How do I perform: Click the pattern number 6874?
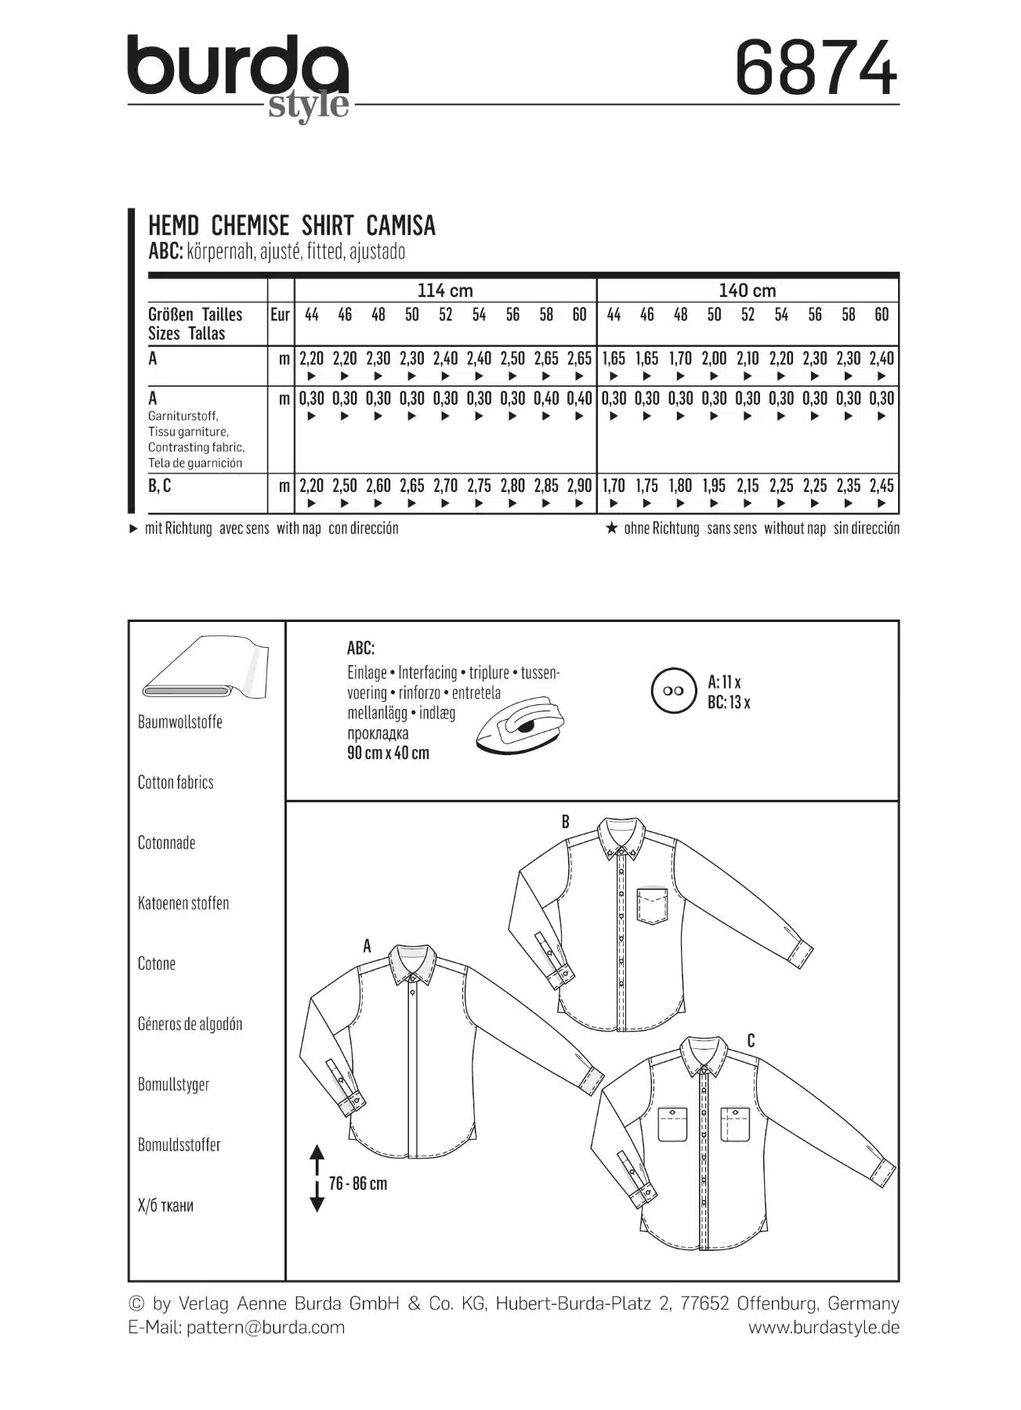pos(815,69)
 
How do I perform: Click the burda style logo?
pos(238,77)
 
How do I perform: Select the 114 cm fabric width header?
pos(444,291)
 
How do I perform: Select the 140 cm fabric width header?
pos(747,291)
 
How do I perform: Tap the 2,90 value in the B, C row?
pos(579,486)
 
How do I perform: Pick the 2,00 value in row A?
pos(714,359)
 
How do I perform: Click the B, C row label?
pos(159,486)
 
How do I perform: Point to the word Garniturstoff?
pos(183,416)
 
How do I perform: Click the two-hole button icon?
pos(673,691)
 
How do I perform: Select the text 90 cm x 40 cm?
pos(388,754)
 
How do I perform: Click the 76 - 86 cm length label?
pos(358,1184)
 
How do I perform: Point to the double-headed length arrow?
pos(317,1178)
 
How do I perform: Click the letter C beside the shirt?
pos(751,1041)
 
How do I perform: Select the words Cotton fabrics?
pos(176,783)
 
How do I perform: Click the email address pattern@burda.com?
pos(265,1327)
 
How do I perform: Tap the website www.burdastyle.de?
pos(824,1327)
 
